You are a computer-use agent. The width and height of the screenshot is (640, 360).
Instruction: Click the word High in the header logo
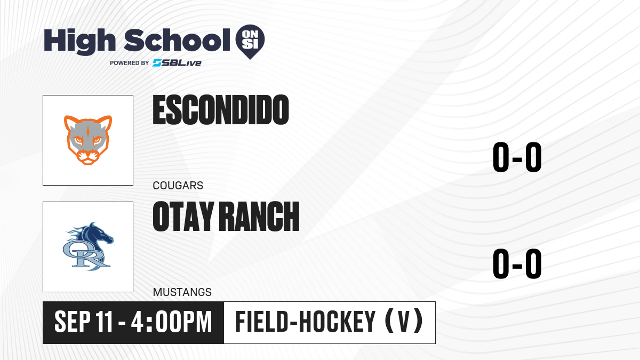click(80, 42)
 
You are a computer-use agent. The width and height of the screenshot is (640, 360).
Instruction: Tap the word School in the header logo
click(177, 40)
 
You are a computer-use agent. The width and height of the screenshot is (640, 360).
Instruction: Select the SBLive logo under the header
click(177, 63)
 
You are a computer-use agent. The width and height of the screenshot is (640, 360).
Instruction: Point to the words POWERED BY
click(130, 63)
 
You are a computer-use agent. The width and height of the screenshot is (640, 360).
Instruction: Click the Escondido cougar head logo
click(88, 140)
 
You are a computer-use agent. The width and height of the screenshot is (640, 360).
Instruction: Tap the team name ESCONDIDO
click(221, 110)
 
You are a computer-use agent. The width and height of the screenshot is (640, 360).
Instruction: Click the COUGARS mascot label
click(178, 186)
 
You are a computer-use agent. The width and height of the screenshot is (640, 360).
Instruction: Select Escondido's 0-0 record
click(517, 157)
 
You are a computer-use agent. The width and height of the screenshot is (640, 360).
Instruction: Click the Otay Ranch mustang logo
click(88, 246)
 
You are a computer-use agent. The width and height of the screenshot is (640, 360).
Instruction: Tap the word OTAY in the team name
click(183, 217)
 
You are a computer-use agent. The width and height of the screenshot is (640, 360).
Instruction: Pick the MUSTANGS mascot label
click(182, 292)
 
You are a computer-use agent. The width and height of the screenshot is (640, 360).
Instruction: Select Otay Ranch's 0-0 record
click(517, 263)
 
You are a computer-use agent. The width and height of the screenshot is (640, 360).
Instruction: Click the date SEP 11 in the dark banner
click(83, 322)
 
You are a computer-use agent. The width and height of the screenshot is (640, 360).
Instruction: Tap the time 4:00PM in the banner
click(171, 322)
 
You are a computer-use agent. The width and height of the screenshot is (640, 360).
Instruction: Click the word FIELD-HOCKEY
click(305, 322)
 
